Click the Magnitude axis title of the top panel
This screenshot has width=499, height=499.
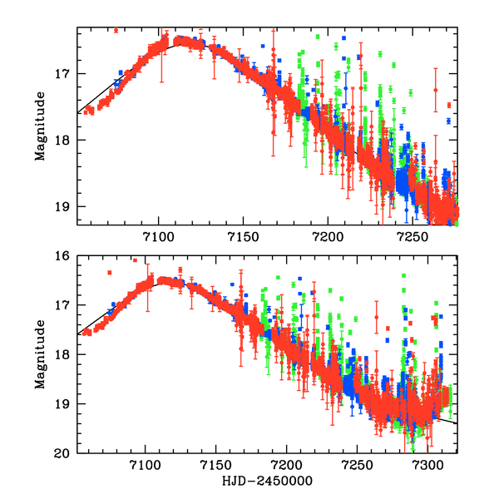tap(40, 126)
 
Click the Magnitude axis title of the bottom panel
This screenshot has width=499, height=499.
tap(40, 355)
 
